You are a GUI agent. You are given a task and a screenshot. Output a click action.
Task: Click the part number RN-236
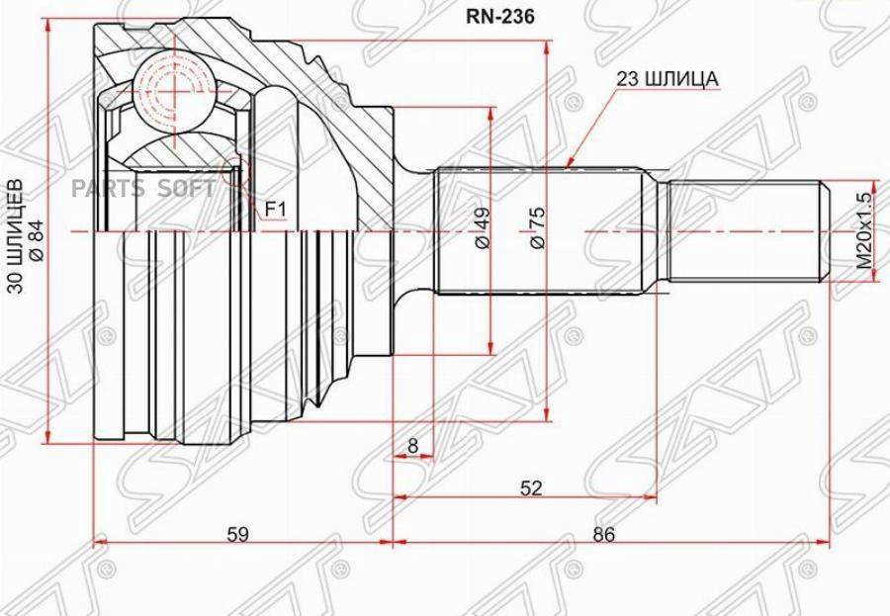point(499,18)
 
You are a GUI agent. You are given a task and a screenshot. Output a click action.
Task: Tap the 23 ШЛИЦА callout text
point(667,79)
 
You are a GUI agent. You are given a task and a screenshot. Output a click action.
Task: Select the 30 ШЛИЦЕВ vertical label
point(17,235)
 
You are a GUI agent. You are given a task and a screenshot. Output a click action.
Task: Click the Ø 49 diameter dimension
point(482,227)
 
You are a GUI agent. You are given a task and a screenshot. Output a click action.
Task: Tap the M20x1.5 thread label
point(863,230)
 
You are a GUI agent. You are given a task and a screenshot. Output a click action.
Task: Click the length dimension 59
point(237,534)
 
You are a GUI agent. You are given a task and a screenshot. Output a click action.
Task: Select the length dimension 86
point(603,534)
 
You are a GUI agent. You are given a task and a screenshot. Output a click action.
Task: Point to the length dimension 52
point(531,487)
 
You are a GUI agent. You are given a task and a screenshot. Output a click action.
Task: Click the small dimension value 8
point(412,446)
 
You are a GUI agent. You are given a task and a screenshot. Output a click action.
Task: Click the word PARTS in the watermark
point(108,189)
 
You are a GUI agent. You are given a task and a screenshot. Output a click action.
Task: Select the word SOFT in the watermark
point(186,189)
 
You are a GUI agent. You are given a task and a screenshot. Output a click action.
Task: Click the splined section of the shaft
point(539,230)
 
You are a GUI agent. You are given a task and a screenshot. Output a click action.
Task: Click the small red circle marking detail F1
point(235,170)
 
